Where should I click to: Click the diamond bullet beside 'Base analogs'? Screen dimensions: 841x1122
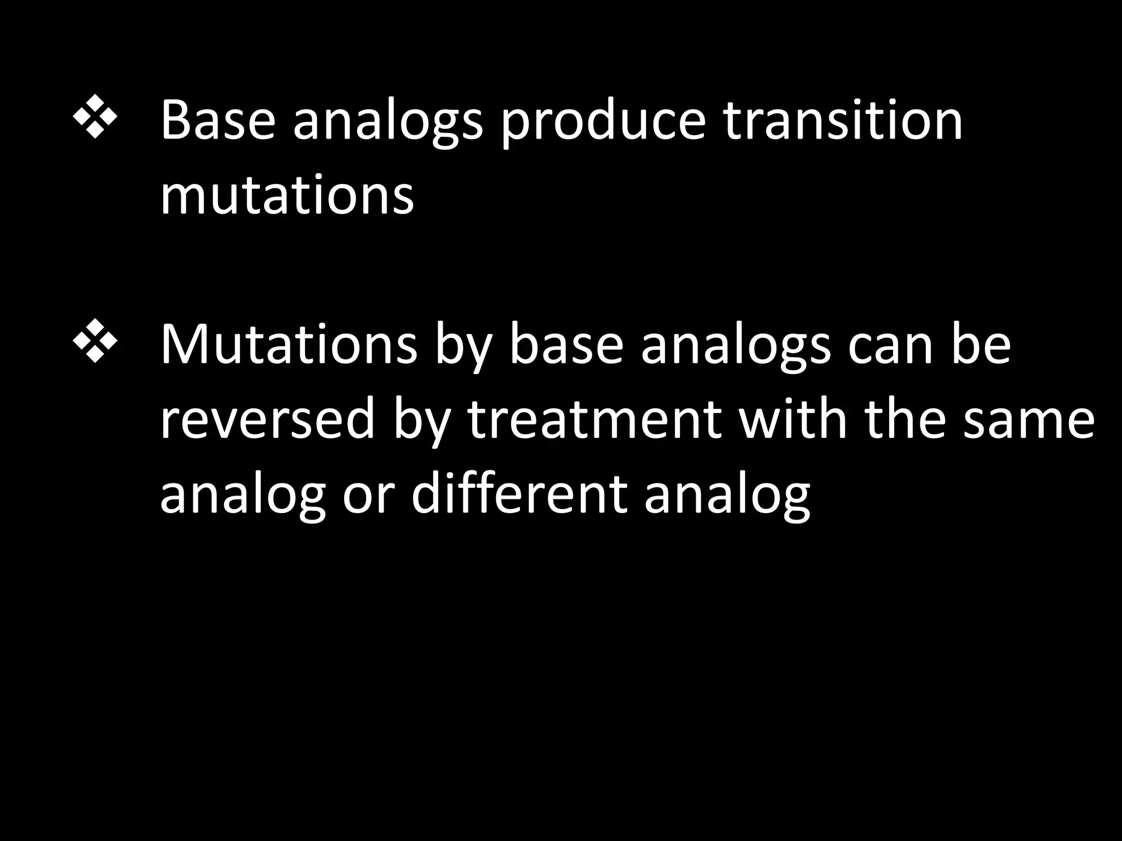pos(95,116)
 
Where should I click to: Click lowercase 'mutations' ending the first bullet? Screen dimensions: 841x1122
pos(287,195)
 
